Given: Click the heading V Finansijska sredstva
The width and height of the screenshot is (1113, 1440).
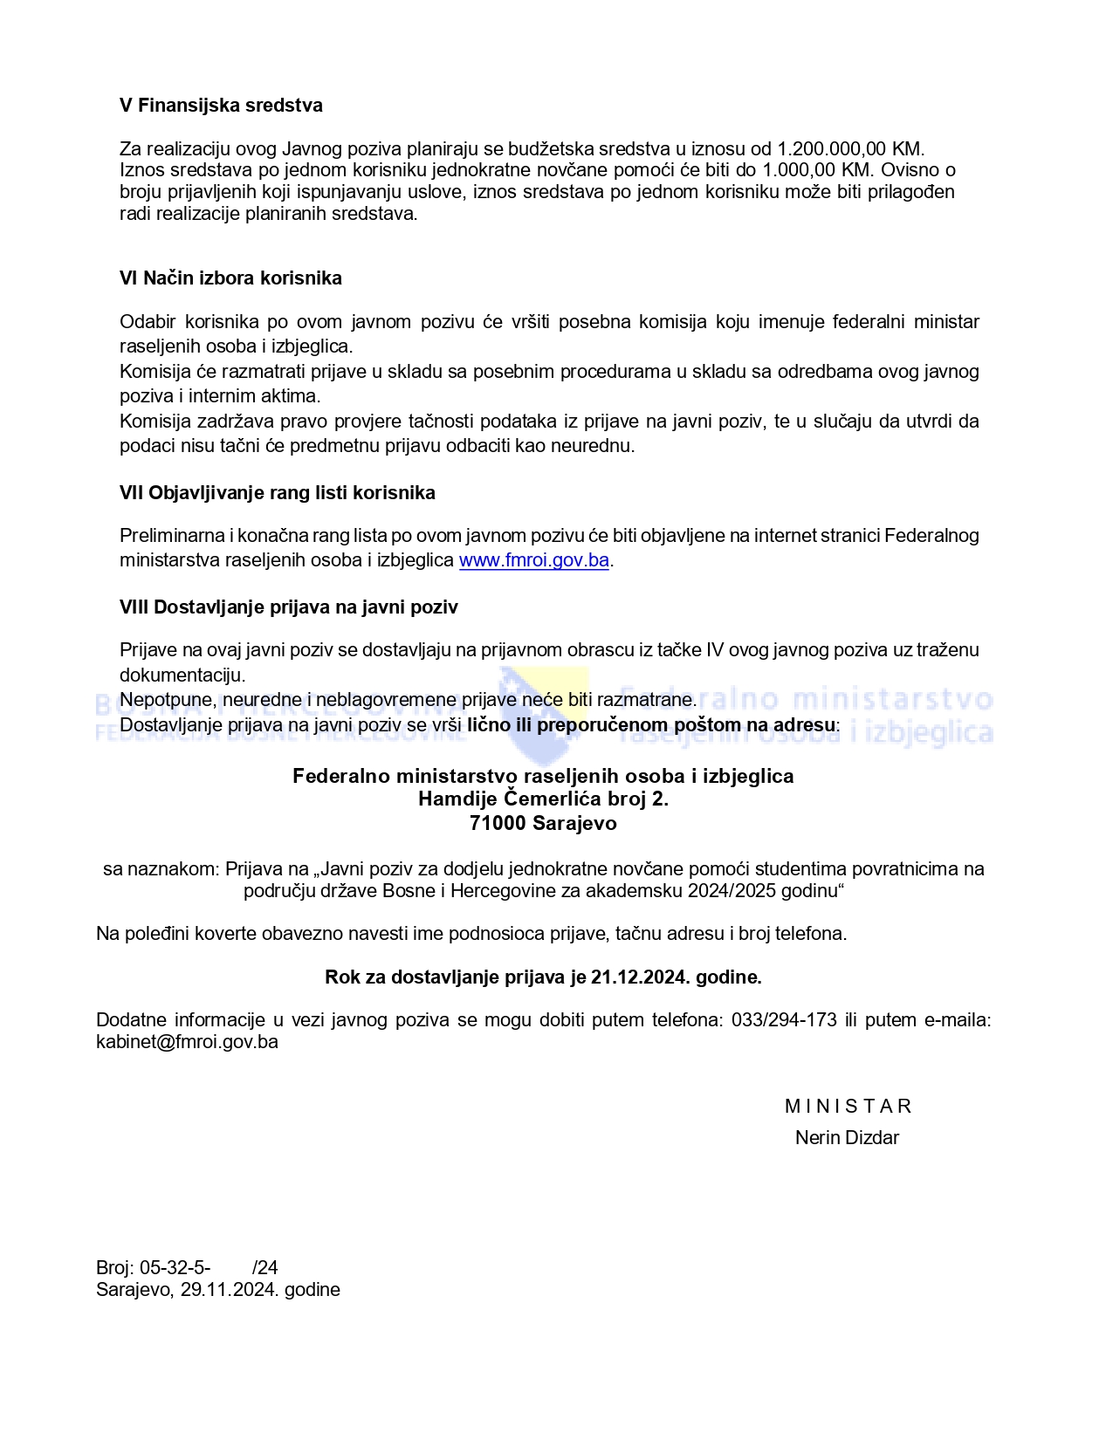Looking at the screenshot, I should (221, 106).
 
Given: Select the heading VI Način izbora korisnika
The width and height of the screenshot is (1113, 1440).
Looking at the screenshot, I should (230, 278).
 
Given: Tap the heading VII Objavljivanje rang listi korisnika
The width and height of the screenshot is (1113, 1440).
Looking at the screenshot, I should (278, 493).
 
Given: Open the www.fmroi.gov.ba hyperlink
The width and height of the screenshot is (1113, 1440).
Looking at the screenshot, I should (533, 560).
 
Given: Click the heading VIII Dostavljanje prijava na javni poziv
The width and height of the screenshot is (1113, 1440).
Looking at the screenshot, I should (289, 607).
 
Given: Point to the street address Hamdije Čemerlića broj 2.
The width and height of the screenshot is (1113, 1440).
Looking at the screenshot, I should (543, 799).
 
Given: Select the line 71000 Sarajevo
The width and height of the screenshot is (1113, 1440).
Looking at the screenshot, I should (543, 823).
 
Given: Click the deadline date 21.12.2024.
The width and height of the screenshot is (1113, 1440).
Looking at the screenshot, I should (638, 977).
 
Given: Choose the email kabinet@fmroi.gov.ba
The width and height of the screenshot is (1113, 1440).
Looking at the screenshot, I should (187, 1042).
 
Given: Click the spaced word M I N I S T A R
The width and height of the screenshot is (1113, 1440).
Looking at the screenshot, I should (848, 1107).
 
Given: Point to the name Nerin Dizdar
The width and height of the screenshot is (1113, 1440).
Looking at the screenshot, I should (847, 1138).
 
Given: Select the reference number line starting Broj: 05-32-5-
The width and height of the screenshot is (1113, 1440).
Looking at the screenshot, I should (187, 1268).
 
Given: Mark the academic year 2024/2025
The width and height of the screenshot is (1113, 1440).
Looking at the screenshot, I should (733, 891).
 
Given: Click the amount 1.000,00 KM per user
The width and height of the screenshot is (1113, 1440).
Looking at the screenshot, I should (816, 170).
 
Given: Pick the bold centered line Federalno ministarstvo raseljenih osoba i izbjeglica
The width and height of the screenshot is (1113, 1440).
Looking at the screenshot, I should (543, 776).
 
